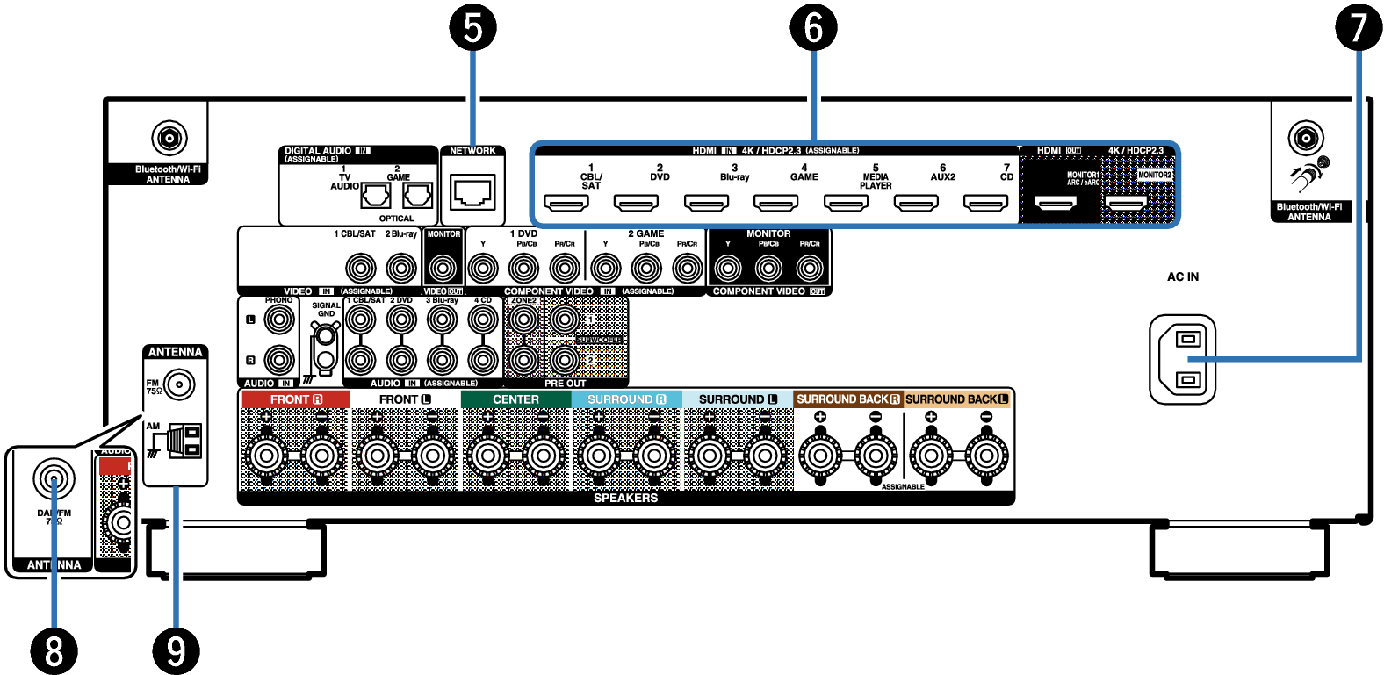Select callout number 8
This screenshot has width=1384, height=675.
tap(54, 651)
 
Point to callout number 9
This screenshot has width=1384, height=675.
tap(176, 651)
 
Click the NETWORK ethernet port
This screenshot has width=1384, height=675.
tap(472, 190)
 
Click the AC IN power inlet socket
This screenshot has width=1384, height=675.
tap(1183, 359)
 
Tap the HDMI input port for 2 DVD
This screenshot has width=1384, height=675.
tap(636, 204)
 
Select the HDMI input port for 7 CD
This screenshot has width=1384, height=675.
tap(985, 204)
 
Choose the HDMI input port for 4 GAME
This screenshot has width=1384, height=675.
tap(776, 204)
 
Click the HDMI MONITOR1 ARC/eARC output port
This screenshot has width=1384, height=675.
tap(1056, 204)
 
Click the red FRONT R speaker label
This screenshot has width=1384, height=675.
tap(296, 399)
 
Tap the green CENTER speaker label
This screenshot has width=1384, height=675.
tap(515, 399)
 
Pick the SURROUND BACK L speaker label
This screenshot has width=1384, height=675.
tap(956, 399)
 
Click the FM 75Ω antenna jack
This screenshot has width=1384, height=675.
tap(180, 384)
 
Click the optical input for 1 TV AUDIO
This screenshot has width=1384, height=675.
tap(376, 195)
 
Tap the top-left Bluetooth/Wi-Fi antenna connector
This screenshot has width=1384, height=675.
tap(168, 138)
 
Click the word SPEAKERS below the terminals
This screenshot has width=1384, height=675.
tap(625, 498)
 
